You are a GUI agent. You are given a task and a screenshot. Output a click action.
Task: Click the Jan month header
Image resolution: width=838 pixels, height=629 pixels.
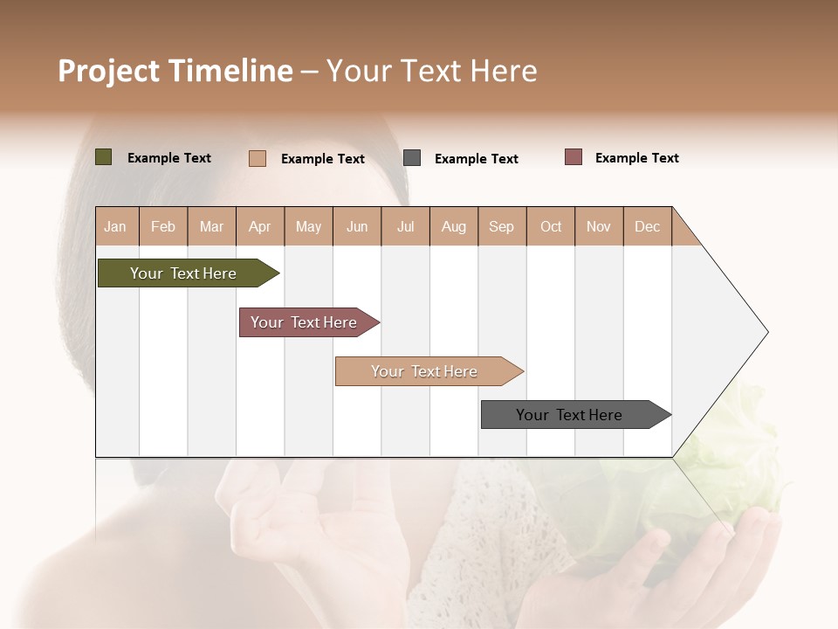(115, 226)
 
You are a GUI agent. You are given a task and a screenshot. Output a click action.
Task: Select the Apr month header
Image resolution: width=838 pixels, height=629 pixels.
(260, 226)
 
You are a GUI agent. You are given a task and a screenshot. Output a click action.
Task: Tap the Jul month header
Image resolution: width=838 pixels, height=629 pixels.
(405, 226)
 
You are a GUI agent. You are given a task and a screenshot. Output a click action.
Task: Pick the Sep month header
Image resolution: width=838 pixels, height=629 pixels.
(501, 226)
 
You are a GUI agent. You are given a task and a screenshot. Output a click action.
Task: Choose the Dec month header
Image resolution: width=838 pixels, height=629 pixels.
(647, 226)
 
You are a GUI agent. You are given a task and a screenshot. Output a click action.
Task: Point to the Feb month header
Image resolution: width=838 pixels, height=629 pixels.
(163, 226)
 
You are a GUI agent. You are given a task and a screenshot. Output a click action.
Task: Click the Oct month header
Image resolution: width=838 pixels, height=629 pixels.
(551, 226)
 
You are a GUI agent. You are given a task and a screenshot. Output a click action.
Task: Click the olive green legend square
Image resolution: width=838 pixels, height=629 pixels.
(104, 157)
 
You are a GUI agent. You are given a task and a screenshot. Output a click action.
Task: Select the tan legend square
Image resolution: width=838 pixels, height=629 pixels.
(258, 158)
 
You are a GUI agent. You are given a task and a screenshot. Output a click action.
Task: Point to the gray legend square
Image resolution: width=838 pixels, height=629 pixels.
(412, 158)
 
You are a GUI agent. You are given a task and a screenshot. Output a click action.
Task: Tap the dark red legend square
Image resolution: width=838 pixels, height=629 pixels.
(574, 157)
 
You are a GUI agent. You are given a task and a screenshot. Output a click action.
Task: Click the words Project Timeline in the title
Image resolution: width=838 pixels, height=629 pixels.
(175, 71)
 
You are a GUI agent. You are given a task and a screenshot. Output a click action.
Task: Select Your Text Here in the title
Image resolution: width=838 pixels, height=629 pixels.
(432, 71)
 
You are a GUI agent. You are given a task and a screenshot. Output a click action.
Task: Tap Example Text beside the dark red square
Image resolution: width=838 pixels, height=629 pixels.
(636, 158)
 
